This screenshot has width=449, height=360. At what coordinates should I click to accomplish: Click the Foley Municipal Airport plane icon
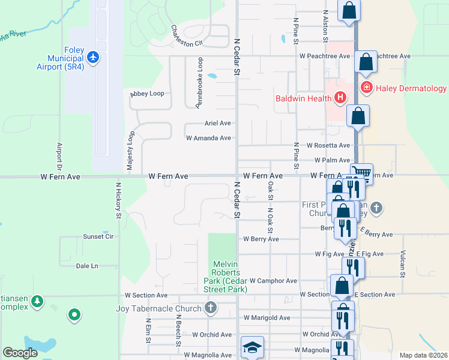[x=92, y=57]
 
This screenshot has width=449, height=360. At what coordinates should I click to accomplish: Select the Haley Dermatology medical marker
[x=366, y=88]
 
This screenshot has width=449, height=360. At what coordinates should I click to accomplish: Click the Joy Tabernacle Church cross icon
[x=210, y=308]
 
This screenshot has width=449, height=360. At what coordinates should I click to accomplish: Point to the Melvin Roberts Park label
[x=230, y=277]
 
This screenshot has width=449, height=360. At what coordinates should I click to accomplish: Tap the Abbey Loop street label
[x=147, y=94]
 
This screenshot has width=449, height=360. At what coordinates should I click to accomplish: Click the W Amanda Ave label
[x=208, y=138]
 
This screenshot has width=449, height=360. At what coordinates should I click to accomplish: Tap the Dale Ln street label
[x=87, y=265]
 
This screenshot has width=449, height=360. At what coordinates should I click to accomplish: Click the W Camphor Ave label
[x=273, y=280]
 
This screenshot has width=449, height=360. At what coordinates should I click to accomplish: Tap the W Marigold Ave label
[x=267, y=317]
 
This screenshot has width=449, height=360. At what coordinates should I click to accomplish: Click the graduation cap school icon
[x=252, y=347]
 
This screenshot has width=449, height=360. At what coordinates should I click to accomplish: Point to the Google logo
[x=20, y=353]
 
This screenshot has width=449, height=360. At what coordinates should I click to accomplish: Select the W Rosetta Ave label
[x=328, y=145]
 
